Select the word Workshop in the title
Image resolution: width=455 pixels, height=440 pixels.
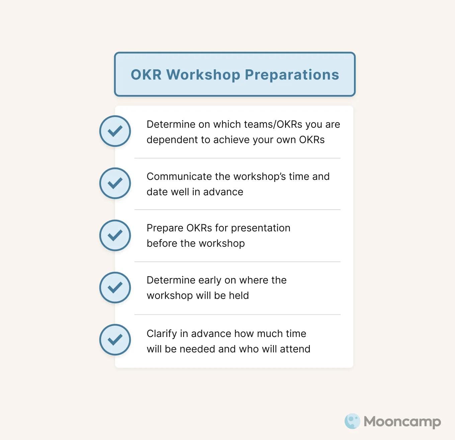pyautogui.click(x=203, y=75)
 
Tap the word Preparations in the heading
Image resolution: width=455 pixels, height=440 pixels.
pyautogui.click(x=292, y=75)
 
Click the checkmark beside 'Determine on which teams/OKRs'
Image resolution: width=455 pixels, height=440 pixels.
pyautogui.click(x=115, y=131)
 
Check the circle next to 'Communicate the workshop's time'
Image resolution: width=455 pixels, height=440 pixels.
pyautogui.click(x=115, y=183)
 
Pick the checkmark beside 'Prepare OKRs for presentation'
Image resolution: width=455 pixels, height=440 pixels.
pyautogui.click(x=115, y=235)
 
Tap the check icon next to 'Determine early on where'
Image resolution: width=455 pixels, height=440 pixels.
pyautogui.click(x=115, y=288)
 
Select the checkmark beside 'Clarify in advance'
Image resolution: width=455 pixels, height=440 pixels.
pyautogui.click(x=115, y=340)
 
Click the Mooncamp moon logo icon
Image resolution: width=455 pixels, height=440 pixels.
pyautogui.click(x=352, y=421)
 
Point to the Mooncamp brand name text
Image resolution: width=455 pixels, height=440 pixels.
pyautogui.click(x=402, y=422)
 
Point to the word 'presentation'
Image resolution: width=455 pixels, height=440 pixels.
pyautogui.click(x=261, y=228)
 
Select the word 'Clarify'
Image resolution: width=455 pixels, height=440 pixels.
pyautogui.click(x=162, y=334)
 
